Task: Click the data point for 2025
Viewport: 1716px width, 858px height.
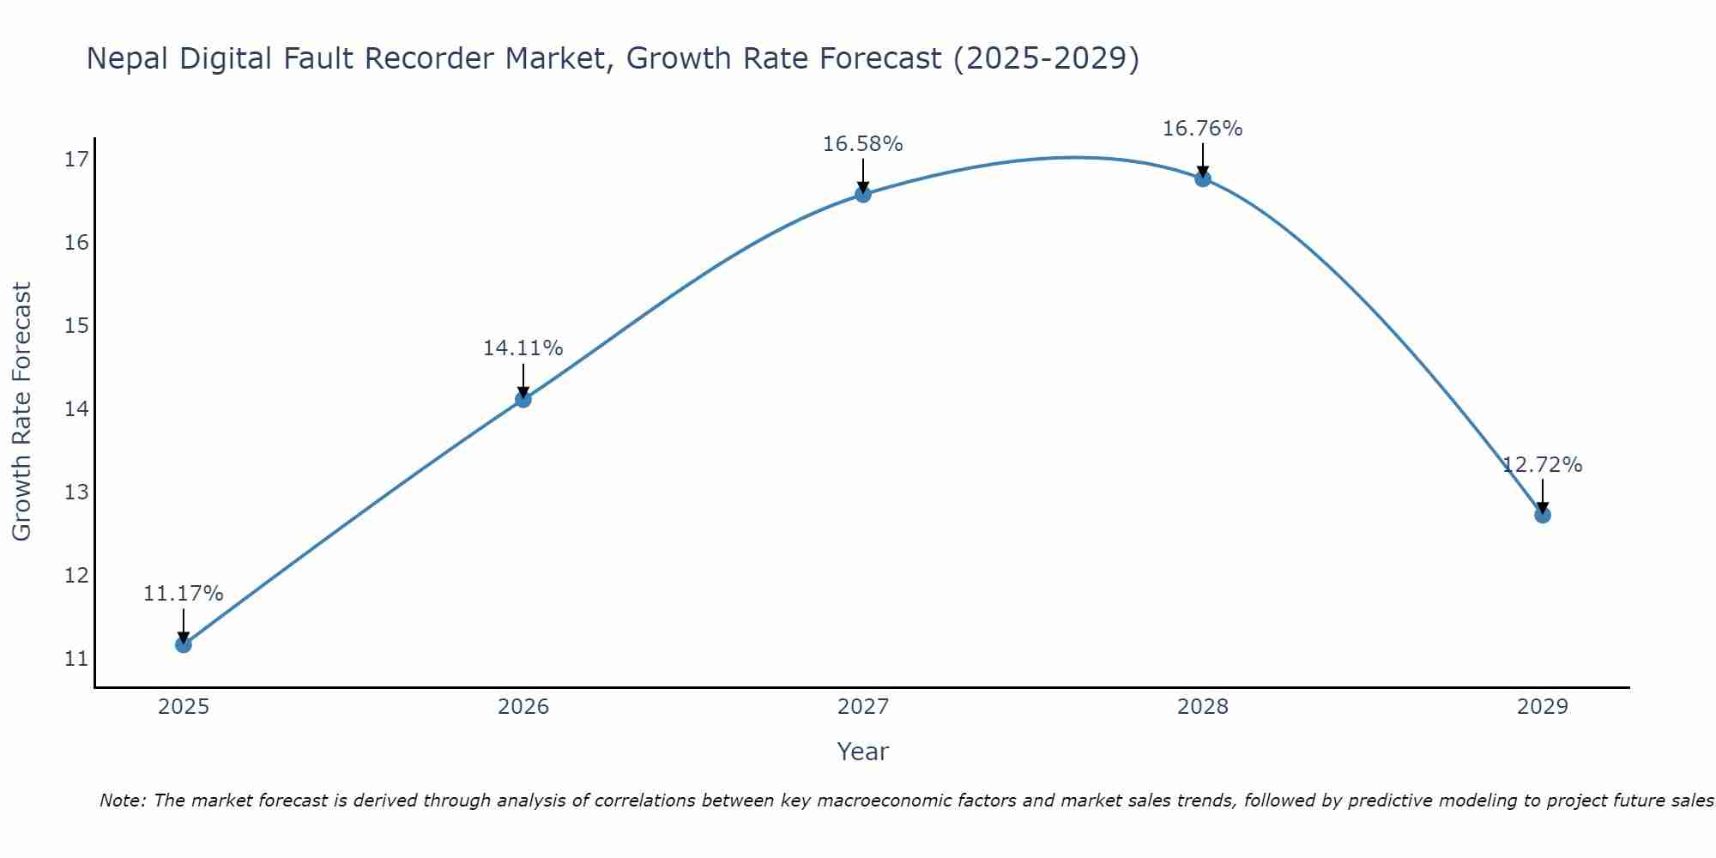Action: (x=183, y=644)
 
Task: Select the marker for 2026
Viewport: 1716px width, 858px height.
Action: (x=523, y=399)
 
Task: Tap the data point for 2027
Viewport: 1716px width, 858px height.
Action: (x=862, y=194)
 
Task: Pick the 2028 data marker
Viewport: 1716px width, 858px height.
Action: (x=1202, y=178)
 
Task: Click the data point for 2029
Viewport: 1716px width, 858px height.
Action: (x=1542, y=515)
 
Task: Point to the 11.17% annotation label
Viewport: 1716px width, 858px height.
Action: (x=183, y=594)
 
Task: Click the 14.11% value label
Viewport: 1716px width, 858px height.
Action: (x=523, y=348)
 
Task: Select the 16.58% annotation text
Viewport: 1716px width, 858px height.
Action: (x=862, y=144)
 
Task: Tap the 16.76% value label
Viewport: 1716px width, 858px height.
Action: (x=1202, y=129)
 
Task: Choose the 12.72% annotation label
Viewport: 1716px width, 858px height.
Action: (x=1542, y=465)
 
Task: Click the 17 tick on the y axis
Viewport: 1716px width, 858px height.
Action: (x=76, y=160)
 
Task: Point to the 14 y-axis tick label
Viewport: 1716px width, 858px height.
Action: (x=76, y=409)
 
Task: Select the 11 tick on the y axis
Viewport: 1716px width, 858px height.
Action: (x=76, y=659)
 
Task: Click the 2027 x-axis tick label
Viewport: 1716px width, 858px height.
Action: (x=862, y=707)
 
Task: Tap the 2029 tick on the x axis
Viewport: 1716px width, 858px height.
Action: (x=1542, y=707)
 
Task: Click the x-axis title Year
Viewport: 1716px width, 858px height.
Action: (x=862, y=752)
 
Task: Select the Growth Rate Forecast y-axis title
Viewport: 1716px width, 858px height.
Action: (x=21, y=412)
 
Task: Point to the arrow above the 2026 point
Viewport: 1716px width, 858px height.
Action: (x=523, y=378)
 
